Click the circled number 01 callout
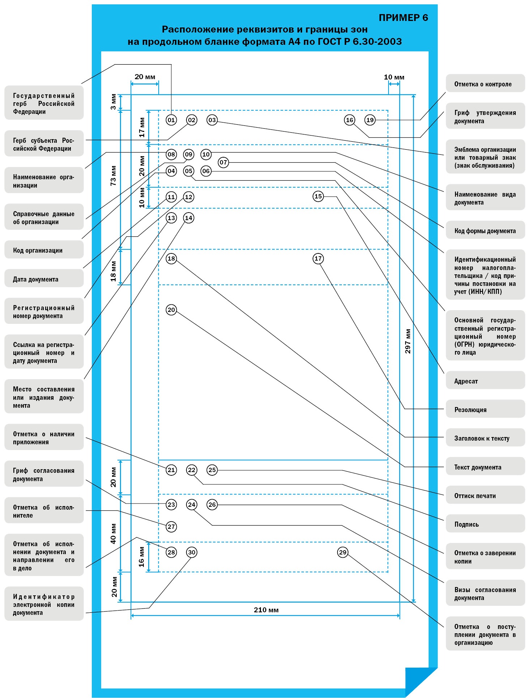171,120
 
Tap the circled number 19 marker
370,120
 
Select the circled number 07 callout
223,162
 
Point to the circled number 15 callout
318,196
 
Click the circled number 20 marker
171,310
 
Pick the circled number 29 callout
343,552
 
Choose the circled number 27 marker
171,527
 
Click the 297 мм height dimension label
408,341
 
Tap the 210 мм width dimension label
266,610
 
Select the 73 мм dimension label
113,176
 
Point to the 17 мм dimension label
142,128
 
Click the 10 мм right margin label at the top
394,77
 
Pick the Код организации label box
44,250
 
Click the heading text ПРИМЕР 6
403,18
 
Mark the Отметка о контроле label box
485,83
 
